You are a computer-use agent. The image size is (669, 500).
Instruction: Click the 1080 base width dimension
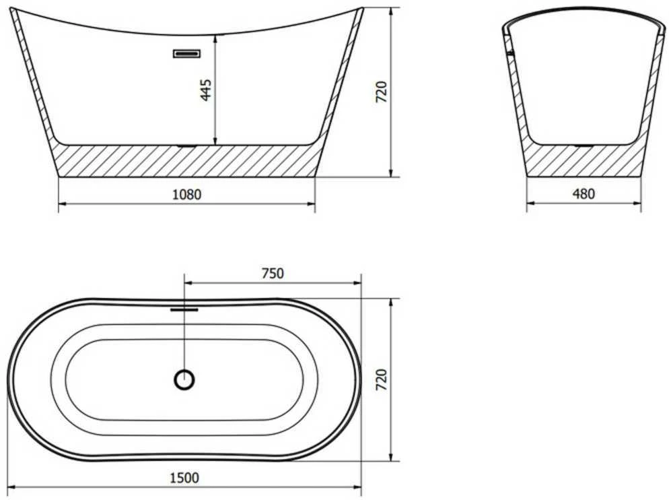pyautogui.click(x=186, y=195)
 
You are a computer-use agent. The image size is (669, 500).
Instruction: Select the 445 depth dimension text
pyautogui.click(x=206, y=90)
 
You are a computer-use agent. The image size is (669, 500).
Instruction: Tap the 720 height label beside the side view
pyautogui.click(x=381, y=92)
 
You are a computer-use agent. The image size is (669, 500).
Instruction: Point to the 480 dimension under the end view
pyautogui.click(x=584, y=194)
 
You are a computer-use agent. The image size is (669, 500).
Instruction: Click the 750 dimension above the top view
pyautogui.click(x=273, y=273)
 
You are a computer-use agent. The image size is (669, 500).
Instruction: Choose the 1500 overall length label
pyautogui.click(x=184, y=477)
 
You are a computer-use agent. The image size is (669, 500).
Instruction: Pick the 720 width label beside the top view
pyautogui.click(x=381, y=379)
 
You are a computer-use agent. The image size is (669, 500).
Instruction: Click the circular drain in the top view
pyautogui.click(x=184, y=379)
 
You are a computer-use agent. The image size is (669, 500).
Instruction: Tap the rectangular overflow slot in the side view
pyautogui.click(x=187, y=53)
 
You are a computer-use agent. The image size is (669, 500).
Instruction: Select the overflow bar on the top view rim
pyautogui.click(x=184, y=309)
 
